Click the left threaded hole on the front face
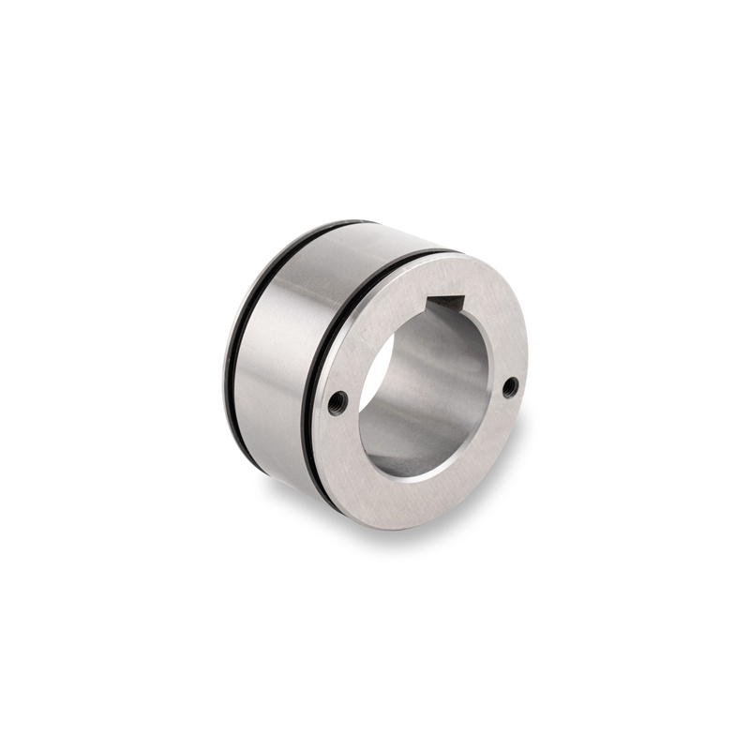pyautogui.click(x=338, y=402)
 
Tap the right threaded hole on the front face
pyautogui.click(x=510, y=386)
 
